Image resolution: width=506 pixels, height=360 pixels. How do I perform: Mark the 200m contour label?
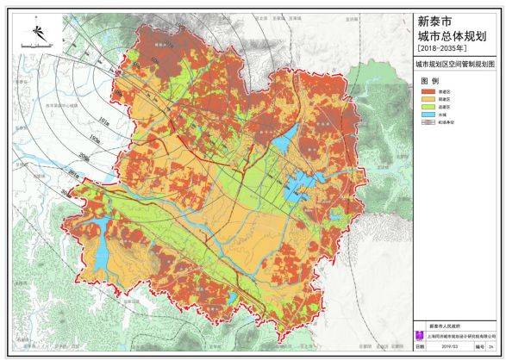coord(84,157)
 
